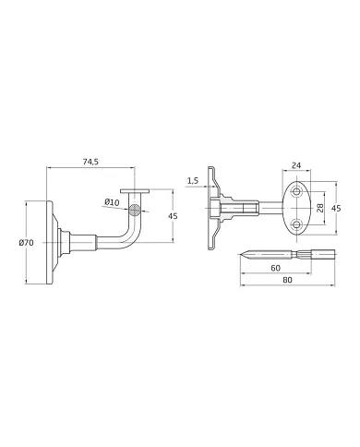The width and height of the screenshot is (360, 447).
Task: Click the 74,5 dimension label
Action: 90,161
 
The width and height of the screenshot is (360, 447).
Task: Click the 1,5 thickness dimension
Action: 192,180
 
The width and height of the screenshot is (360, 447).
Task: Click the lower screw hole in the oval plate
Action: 296,224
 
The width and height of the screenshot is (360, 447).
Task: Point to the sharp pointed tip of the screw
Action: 241,253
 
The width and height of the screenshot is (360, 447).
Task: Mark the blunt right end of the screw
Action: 313,253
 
